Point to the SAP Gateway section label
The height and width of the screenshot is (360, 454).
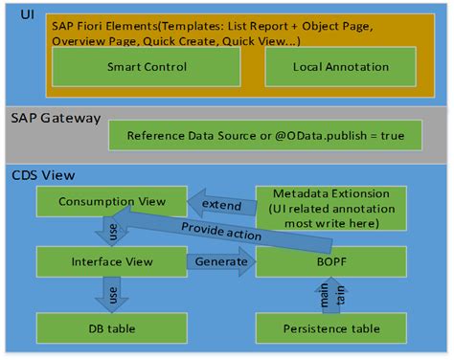click(52, 118)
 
